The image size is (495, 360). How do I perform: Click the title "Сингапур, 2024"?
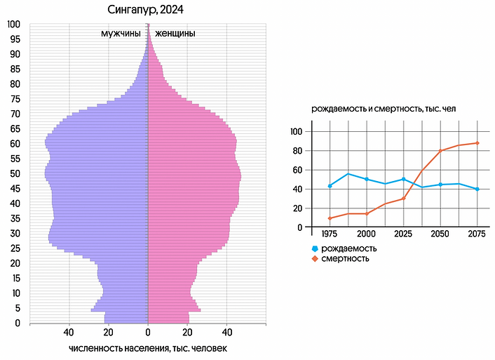coord(148,9)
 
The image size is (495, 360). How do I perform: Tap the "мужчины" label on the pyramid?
coord(121,33)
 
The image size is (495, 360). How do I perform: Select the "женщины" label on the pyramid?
coord(175,33)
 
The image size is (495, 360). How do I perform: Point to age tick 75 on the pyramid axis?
coord(15,99)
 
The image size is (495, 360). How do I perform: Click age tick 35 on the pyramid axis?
coord(15,218)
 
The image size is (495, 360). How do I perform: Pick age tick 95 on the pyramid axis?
coord(15,39)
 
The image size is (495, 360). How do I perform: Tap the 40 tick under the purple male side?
coord(69,333)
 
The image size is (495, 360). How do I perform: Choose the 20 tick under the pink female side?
coord(187,333)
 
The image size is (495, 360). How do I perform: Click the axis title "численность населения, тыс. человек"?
coord(148,349)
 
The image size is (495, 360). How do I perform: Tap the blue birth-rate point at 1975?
coord(330,186)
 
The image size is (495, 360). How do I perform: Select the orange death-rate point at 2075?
coord(477,143)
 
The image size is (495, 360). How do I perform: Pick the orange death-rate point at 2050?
coord(440,151)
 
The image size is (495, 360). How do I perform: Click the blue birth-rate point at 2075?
coord(477,189)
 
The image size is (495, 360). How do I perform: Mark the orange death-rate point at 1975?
coord(330,218)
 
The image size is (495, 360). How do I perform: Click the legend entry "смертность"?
coord(346,259)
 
